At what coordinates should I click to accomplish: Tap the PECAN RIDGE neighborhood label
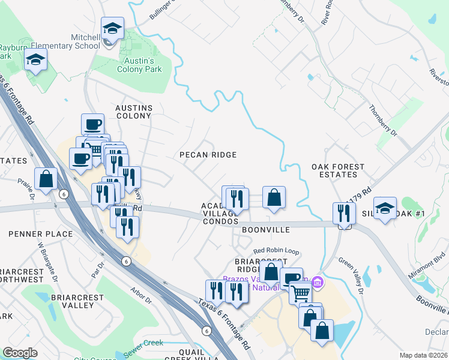(x=208, y=155)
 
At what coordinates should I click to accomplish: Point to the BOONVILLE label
(x=266, y=230)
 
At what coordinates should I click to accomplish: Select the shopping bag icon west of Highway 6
(x=46, y=178)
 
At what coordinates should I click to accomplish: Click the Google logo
(x=20, y=353)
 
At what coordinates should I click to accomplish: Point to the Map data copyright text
(x=423, y=355)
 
